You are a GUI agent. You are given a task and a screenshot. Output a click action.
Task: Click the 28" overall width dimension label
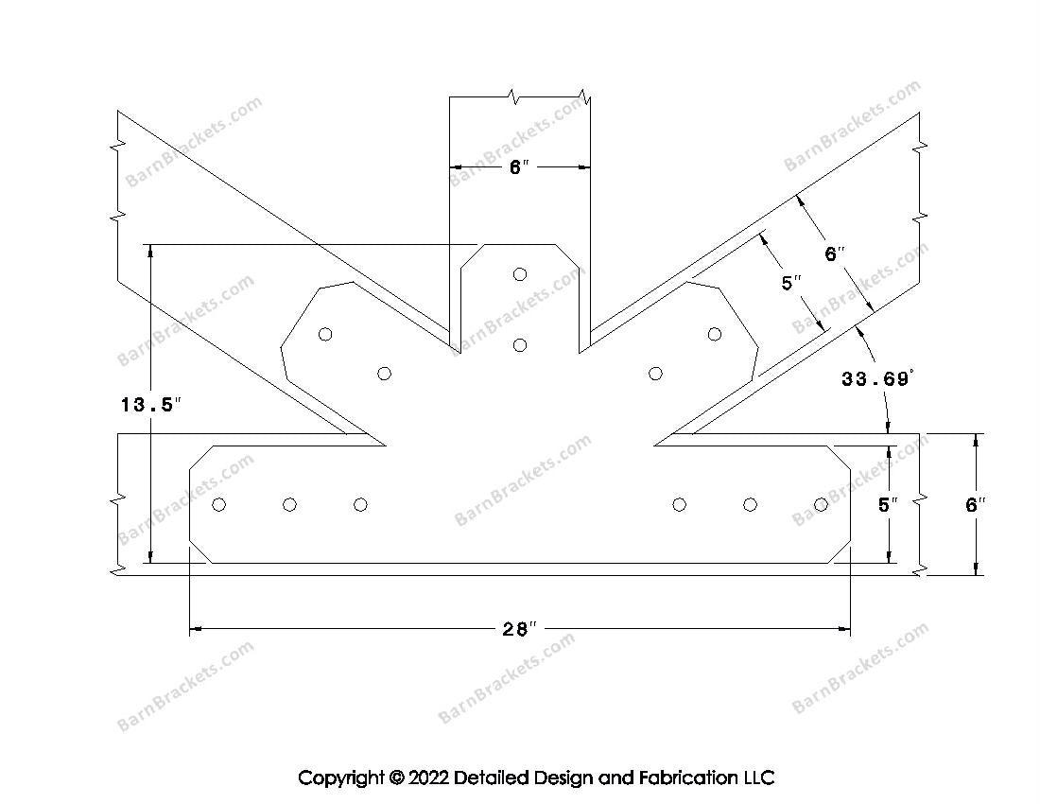tap(518, 628)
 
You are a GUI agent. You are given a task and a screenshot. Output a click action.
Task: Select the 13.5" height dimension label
tap(150, 404)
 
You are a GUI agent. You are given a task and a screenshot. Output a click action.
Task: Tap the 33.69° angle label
tap(877, 378)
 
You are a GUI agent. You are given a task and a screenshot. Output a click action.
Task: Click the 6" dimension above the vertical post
tap(519, 166)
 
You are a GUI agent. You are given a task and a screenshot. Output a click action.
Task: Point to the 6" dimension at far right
tap(975, 505)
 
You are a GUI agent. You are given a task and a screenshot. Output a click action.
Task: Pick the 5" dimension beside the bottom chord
tap(888, 505)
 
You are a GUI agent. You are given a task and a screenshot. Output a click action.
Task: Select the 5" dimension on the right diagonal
tap(791, 283)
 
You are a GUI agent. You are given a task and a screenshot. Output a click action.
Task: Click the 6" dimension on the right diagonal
tap(835, 253)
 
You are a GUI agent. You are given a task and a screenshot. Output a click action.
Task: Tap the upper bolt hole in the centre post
tap(520, 274)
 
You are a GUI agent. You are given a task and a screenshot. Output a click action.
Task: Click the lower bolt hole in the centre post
tap(520, 345)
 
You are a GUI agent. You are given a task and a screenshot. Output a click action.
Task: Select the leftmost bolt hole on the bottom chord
tap(219, 505)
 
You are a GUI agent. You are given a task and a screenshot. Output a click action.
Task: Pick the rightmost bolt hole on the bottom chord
tap(821, 505)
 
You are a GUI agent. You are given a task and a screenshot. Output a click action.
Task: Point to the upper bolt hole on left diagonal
tap(325, 334)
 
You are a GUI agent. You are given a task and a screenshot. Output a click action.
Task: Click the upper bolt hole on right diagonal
tap(715, 334)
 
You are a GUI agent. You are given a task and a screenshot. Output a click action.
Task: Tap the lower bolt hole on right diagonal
tap(655, 374)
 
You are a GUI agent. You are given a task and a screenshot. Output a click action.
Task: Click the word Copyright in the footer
tap(341, 778)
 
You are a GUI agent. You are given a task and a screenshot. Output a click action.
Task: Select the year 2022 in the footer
tap(428, 778)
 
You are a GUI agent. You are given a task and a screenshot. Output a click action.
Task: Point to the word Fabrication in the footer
tap(686, 778)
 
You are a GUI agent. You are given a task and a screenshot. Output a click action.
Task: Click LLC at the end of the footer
tap(758, 778)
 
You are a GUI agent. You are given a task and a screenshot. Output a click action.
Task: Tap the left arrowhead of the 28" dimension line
tap(196, 628)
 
